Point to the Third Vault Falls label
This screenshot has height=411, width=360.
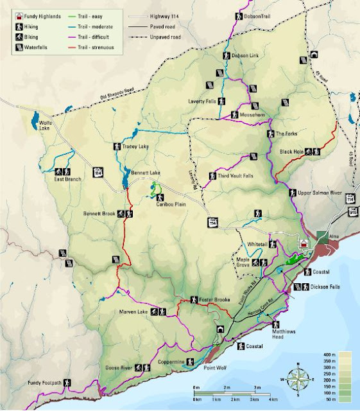click(x=236, y=175)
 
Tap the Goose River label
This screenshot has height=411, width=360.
click(x=117, y=368)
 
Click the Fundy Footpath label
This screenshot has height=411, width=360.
click(x=44, y=383)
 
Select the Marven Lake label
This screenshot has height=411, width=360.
click(x=133, y=312)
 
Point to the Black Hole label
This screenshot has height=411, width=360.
click(x=292, y=152)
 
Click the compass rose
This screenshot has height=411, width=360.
click(x=300, y=378)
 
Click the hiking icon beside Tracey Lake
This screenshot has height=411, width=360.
click(x=117, y=146)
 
